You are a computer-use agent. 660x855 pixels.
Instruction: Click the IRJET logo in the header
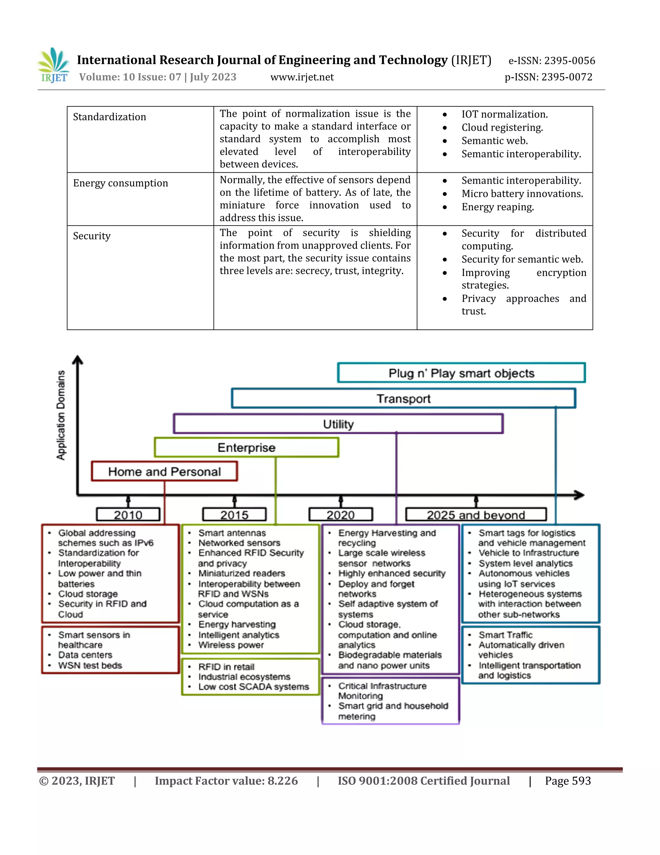tap(54, 65)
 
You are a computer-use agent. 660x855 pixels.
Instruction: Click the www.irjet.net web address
tap(302, 77)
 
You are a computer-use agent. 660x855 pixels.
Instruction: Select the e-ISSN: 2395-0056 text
tap(551, 61)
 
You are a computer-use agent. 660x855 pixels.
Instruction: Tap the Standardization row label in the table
tap(110, 117)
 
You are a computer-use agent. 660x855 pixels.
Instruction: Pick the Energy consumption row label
tap(121, 183)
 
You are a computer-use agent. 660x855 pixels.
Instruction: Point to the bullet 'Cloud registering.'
tap(502, 128)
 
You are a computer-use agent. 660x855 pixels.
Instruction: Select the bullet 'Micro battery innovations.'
tap(522, 194)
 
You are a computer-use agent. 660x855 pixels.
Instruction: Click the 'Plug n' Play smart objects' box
tap(461, 373)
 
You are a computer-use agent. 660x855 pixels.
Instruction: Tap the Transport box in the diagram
tap(403, 398)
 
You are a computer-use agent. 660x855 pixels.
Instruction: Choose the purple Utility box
tap(338, 424)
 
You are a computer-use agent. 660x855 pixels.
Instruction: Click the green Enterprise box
tap(246, 448)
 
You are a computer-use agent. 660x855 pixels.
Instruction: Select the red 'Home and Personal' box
tap(164, 471)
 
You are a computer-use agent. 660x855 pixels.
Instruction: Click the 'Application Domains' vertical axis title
tap(61, 415)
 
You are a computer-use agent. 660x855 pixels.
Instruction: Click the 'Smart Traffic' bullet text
tap(505, 635)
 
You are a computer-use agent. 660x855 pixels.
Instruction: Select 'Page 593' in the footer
tap(568, 781)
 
